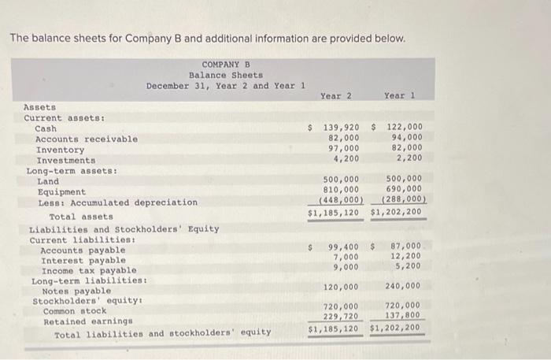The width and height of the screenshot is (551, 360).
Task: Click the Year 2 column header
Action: (335, 96)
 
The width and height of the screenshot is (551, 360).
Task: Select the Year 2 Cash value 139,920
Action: (339, 126)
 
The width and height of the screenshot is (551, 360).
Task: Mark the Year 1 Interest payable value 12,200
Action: (406, 256)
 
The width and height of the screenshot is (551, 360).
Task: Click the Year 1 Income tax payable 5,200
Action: (409, 266)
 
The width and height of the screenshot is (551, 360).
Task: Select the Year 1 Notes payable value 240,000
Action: (403, 287)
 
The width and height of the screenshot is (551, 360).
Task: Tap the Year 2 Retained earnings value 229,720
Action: (341, 316)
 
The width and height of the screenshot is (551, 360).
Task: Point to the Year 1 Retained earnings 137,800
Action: (403, 316)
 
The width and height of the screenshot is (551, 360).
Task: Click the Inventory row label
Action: (61, 150)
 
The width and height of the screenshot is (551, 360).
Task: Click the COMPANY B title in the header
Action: (225, 65)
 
